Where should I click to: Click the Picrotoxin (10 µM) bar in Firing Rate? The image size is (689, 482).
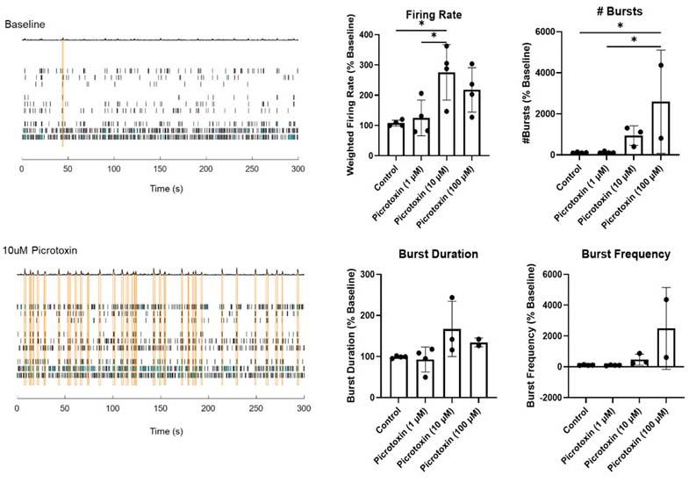pyautogui.click(x=422, y=114)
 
